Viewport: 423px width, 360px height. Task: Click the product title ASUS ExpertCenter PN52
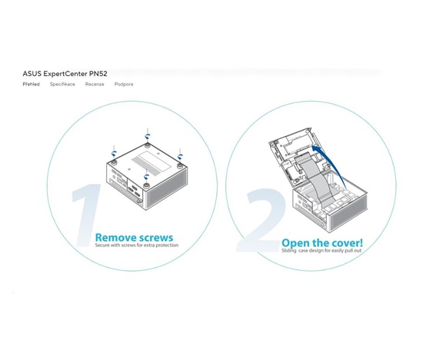pos(65,74)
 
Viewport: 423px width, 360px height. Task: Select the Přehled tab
pos(31,84)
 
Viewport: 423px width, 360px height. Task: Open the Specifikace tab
pos(62,84)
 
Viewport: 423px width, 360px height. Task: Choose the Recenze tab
pos(95,84)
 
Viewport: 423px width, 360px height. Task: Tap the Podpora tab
pos(124,84)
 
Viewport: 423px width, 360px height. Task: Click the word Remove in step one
pos(115,238)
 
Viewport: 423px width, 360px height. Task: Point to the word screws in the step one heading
pos(155,238)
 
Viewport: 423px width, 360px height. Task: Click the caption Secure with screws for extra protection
pos(136,245)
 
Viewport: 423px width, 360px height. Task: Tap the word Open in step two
pos(295,243)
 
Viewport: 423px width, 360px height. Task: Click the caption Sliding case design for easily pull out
pos(321,251)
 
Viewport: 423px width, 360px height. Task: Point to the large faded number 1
pos(86,215)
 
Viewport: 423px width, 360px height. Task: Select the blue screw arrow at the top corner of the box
pos(147,135)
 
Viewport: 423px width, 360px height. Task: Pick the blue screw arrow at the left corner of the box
pos(115,154)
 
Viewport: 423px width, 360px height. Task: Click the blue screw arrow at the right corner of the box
pos(180,156)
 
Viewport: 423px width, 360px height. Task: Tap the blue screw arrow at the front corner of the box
pos(146,177)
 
